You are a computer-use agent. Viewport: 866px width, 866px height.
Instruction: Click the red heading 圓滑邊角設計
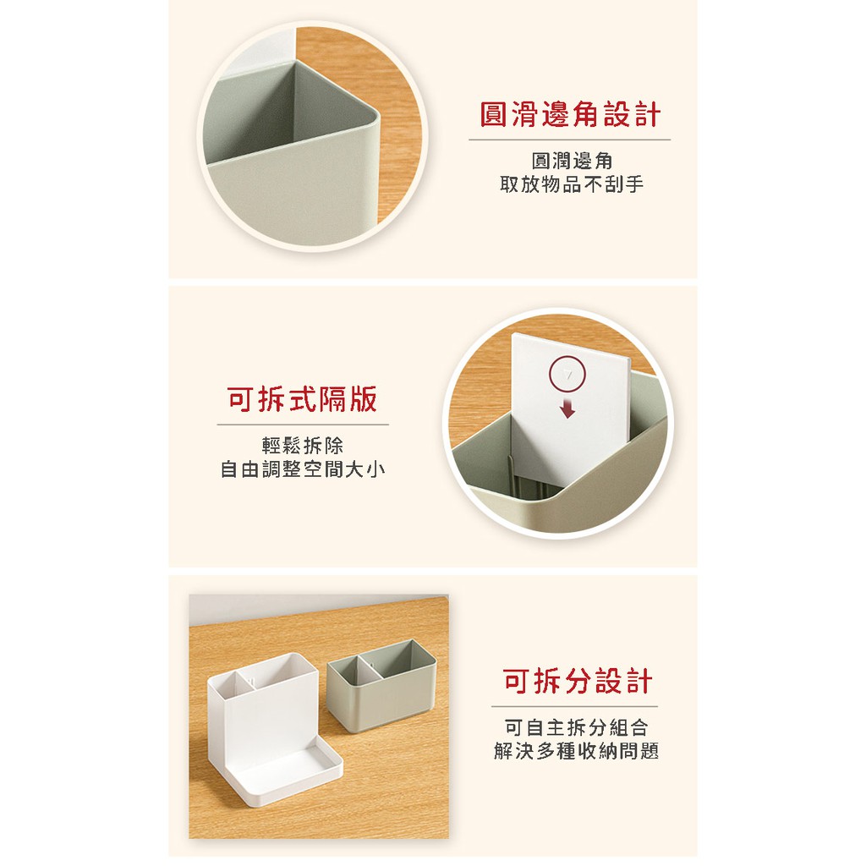pyautogui.click(x=569, y=115)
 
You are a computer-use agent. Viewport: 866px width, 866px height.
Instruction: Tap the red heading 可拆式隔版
pyautogui.click(x=302, y=399)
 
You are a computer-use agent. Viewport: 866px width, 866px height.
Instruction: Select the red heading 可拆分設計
pyautogui.click(x=577, y=681)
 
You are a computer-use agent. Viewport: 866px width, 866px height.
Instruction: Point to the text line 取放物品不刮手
pyautogui.click(x=572, y=184)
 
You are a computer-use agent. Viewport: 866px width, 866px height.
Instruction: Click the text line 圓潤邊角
pyautogui.click(x=572, y=162)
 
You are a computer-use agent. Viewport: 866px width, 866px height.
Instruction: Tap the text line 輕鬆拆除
pyautogui.click(x=303, y=446)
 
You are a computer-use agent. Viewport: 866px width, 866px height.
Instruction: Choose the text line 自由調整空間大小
pyautogui.click(x=303, y=469)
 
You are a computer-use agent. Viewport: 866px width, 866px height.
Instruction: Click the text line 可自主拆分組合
pyautogui.click(x=576, y=728)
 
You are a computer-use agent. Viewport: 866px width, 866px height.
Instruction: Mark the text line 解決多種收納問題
pyautogui.click(x=576, y=751)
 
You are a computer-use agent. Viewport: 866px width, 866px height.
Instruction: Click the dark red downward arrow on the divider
pyautogui.click(x=567, y=409)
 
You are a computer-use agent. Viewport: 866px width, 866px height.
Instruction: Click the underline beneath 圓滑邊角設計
pyautogui.click(x=569, y=140)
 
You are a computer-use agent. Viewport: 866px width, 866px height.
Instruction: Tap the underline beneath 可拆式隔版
pyautogui.click(x=303, y=425)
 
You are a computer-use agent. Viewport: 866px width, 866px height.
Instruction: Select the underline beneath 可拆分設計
pyautogui.click(x=574, y=706)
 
